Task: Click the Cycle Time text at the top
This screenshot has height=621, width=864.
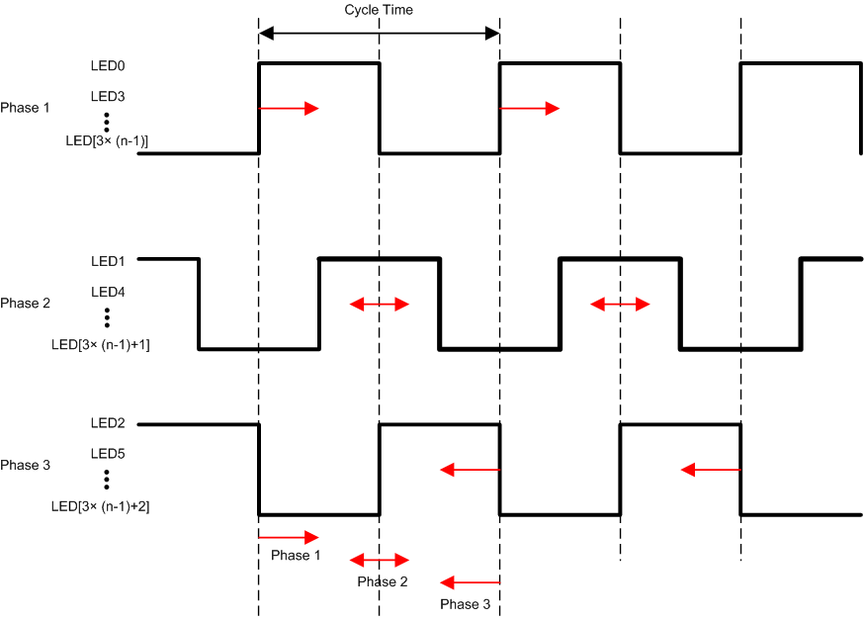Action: click(x=379, y=10)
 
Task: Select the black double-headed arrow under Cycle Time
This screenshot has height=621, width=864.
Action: click(x=379, y=33)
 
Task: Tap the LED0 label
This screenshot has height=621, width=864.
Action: click(x=107, y=66)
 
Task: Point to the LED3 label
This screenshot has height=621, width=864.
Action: click(x=107, y=97)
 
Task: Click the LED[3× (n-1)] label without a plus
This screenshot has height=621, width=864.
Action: click(x=107, y=140)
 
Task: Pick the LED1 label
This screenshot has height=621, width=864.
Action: click(x=107, y=261)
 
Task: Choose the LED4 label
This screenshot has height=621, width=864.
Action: click(x=107, y=292)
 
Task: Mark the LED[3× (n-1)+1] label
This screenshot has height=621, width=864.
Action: click(x=100, y=344)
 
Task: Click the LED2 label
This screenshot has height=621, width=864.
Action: click(x=107, y=423)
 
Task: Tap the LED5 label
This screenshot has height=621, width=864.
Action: click(x=107, y=454)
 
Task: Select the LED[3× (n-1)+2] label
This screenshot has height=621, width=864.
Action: click(x=100, y=506)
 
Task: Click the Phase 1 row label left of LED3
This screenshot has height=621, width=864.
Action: click(x=25, y=107)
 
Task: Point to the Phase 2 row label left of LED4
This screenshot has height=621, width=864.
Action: click(x=25, y=303)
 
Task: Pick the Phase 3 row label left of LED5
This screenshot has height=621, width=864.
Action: click(x=25, y=465)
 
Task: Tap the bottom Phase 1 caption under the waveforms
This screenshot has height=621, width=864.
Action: click(x=296, y=556)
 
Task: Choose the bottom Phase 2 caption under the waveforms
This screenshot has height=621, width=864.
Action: click(x=383, y=581)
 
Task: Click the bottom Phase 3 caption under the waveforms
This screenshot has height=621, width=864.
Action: click(x=465, y=604)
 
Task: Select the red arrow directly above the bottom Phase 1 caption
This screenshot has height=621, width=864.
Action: click(x=288, y=537)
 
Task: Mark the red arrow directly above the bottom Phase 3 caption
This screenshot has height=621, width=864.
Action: click(x=471, y=582)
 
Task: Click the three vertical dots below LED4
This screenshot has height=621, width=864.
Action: click(x=107, y=316)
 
